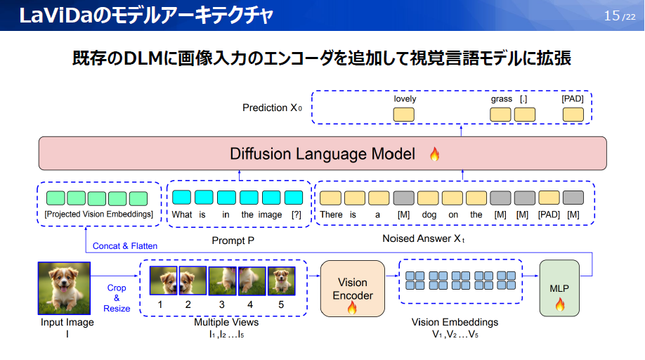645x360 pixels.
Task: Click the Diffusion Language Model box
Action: pos(322,153)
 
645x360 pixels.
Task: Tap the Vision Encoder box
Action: pos(353,288)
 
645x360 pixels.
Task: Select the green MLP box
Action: pos(559,288)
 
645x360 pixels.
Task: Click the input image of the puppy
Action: pos(64,288)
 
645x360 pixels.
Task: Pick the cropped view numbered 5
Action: pos(281,281)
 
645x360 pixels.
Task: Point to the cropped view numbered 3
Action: pos(223,281)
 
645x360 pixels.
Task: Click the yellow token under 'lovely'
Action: pos(403,115)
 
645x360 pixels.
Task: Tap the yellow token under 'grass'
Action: pos(500,115)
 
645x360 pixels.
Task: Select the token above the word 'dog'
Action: pos(428,198)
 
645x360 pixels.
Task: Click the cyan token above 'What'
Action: pos(181,198)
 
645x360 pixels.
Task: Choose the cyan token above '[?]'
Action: pos(294,198)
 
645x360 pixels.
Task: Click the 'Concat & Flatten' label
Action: pos(125,246)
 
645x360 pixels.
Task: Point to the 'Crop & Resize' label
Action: pos(117,298)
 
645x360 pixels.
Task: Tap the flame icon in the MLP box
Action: pos(560,305)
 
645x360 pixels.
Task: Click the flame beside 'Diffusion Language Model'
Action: pos(434,154)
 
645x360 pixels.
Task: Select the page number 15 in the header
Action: pos(612,15)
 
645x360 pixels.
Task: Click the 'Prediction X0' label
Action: pos(273,108)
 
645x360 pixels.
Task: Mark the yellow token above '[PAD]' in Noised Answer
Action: pos(549,198)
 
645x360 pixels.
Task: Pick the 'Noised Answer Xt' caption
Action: pos(424,238)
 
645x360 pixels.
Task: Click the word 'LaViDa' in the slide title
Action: pos(51,15)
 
